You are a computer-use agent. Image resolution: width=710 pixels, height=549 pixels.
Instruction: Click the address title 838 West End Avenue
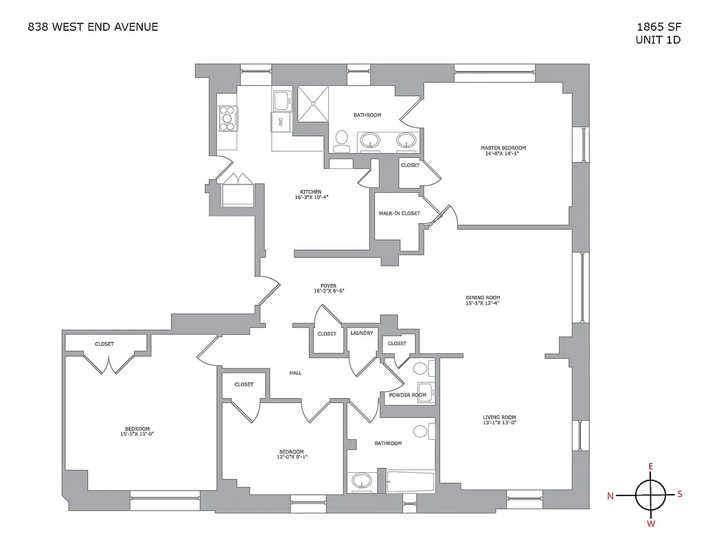[x=93, y=27]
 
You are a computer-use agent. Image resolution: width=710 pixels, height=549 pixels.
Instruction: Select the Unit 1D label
[x=658, y=40]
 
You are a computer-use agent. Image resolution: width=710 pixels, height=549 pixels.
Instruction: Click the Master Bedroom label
[x=503, y=148]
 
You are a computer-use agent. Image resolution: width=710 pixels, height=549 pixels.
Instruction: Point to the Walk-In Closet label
[x=399, y=213]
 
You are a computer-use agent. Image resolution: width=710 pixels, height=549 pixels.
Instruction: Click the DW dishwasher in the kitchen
[x=281, y=122]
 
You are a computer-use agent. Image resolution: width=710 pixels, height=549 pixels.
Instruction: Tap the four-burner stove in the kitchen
[x=227, y=119]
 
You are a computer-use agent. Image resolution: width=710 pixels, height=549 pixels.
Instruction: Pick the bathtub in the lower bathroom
[x=410, y=481]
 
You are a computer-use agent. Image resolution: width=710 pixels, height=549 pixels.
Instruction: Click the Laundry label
[x=361, y=334]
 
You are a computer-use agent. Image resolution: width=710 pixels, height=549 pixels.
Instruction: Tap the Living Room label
[x=499, y=417]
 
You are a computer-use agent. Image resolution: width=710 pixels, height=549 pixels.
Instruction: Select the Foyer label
[x=328, y=285]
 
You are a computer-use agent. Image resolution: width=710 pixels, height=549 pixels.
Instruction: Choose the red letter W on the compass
[x=651, y=524]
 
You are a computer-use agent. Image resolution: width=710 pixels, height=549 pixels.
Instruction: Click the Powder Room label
[x=408, y=395]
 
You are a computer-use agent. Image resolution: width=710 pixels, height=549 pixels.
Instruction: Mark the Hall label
[x=295, y=373]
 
